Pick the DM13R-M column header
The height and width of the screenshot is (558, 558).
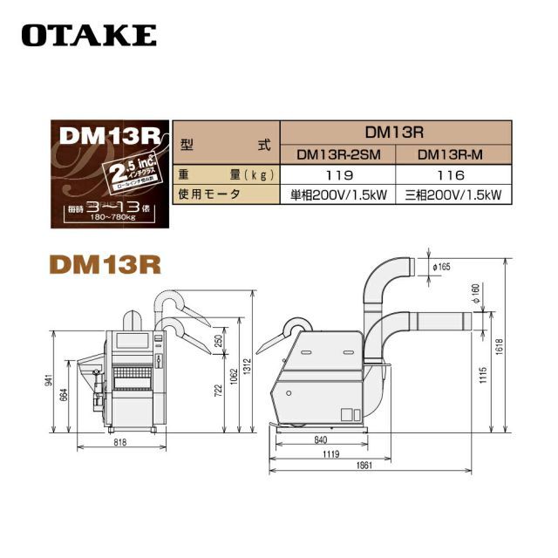coord(453,155)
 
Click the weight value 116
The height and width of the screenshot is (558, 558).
coord(453,174)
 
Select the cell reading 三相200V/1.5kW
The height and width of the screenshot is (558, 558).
coord(453,194)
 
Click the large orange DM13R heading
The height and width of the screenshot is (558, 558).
coord(105,263)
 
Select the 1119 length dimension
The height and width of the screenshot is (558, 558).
coord(332,453)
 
